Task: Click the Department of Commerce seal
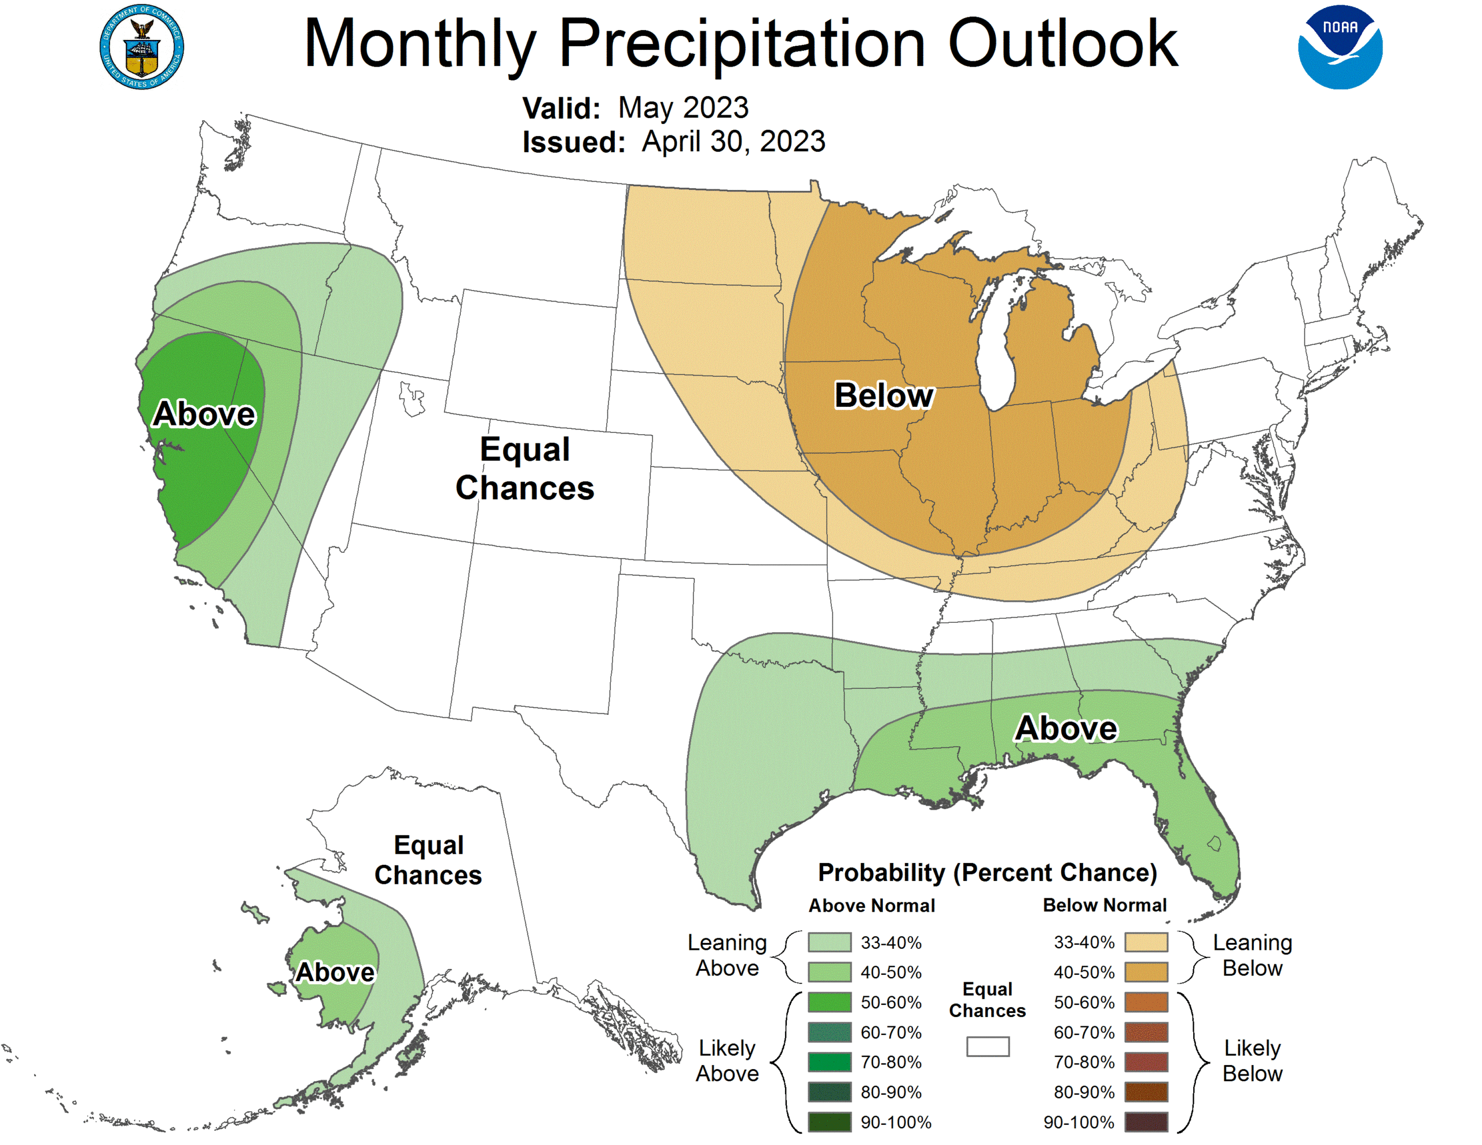(142, 47)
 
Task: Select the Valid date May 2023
(683, 108)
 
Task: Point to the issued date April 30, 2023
(733, 142)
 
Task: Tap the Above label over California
(204, 413)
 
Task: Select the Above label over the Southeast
(1065, 728)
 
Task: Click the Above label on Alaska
(335, 972)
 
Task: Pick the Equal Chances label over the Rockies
(524, 468)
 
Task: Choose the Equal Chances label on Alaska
(428, 860)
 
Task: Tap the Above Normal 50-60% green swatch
(829, 1002)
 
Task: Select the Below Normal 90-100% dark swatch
(1146, 1122)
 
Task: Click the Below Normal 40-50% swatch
(1146, 972)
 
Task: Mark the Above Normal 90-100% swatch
(829, 1122)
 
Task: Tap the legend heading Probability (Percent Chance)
(987, 872)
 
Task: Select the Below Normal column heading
(1105, 905)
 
